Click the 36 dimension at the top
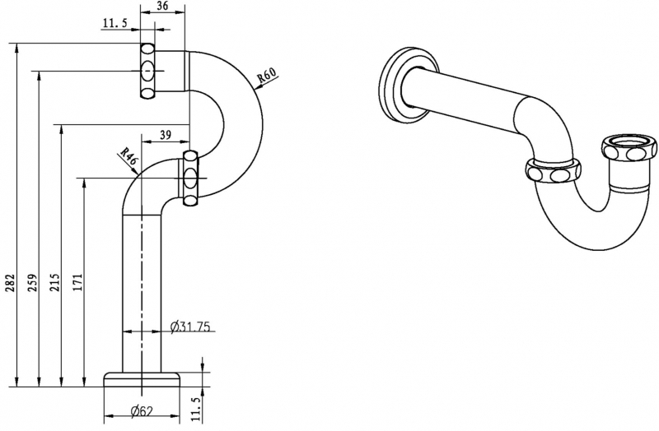coord(163,7)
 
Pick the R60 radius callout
coord(266,76)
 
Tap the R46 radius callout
coord(128,156)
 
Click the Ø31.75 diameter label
coord(190,327)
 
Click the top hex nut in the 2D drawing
coord(148,72)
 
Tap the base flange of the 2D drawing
coord(142,378)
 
